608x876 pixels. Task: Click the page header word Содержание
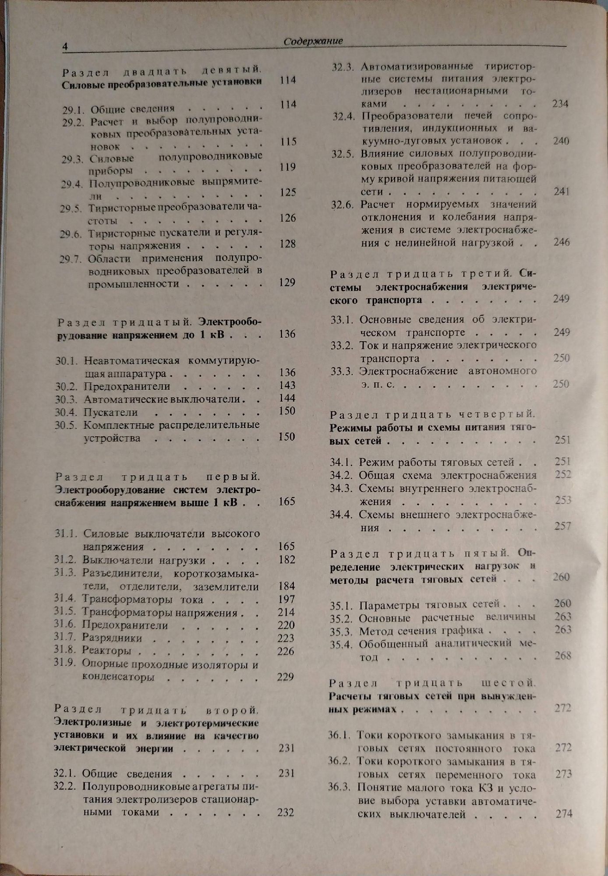(x=313, y=41)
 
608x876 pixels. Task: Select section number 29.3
(x=72, y=159)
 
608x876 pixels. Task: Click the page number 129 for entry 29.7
(x=287, y=283)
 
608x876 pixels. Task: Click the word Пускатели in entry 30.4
(x=111, y=412)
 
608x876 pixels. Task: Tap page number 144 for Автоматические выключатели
(x=287, y=398)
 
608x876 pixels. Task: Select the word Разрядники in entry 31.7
(x=112, y=638)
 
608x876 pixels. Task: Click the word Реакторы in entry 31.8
(x=107, y=651)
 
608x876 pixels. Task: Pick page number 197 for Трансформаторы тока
(x=286, y=599)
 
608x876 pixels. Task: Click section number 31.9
(x=66, y=664)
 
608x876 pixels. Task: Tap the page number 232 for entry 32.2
(x=286, y=812)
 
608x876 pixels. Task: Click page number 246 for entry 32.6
(x=562, y=242)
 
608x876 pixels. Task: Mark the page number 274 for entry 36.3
(x=564, y=814)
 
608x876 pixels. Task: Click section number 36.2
(x=339, y=761)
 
